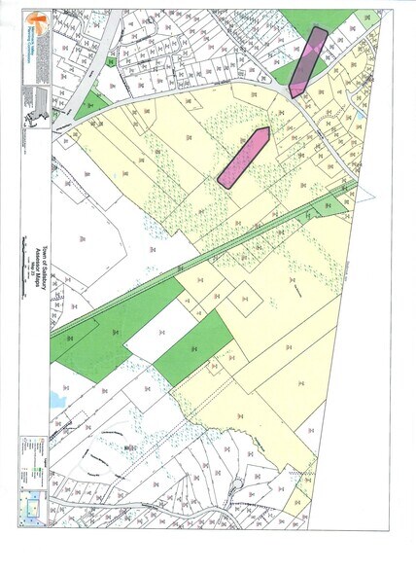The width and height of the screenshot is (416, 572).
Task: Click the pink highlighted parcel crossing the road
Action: click(305, 61)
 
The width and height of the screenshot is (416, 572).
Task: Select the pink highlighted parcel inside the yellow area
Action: click(244, 157)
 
